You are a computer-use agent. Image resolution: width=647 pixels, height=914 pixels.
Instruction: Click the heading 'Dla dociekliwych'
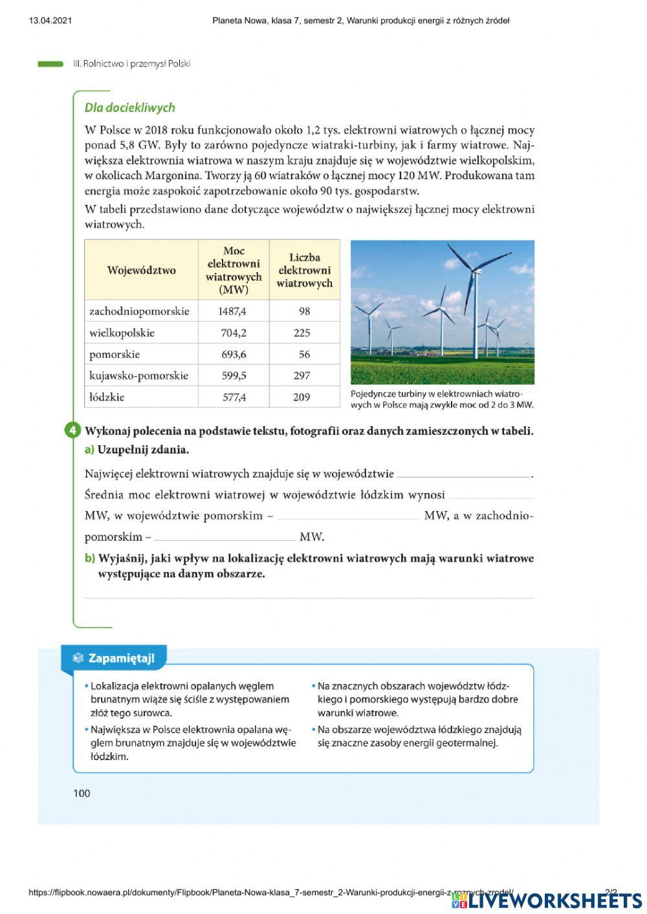pos(129,108)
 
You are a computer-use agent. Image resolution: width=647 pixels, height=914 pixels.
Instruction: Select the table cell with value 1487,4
pos(232,311)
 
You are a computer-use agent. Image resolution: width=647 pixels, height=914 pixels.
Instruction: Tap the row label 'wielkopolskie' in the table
pos(122,333)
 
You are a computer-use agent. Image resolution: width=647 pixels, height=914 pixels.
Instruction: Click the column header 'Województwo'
pos(141,270)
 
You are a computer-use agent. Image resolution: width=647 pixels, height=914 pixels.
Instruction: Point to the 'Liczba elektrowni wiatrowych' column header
pos(304,270)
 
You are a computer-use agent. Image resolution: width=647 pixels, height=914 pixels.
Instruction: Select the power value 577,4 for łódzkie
pos(234,397)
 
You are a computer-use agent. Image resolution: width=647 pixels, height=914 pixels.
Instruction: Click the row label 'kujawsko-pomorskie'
pos(138,376)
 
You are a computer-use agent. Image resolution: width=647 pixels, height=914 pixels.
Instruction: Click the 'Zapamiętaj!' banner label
pos(120,658)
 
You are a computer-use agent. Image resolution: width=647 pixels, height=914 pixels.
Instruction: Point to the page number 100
pos(82,794)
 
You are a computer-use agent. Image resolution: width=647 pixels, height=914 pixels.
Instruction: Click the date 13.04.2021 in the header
pos(50,21)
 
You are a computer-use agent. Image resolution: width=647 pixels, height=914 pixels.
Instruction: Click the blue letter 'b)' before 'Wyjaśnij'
pos(89,558)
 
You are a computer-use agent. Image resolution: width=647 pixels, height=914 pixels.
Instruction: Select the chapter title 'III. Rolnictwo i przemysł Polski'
pos(132,64)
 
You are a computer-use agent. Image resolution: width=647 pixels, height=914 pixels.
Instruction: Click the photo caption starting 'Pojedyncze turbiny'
pos(441,399)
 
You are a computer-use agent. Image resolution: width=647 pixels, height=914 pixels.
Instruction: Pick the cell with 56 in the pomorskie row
pos(304,354)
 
